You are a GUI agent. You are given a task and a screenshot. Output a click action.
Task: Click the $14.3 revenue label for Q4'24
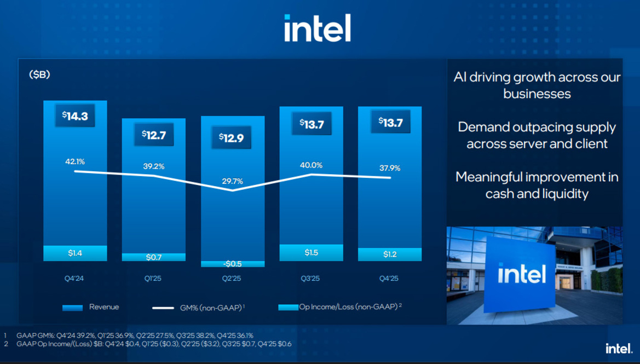pos(75,116)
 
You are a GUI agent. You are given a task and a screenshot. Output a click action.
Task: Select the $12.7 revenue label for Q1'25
pos(153,135)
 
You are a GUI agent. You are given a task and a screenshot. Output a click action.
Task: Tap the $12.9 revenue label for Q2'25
pos(231,138)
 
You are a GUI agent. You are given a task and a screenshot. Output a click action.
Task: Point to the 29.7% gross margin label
pos(232,181)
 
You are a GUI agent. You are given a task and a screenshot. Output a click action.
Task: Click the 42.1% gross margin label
pos(75,161)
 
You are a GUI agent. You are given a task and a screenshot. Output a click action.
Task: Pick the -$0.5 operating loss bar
pos(232,264)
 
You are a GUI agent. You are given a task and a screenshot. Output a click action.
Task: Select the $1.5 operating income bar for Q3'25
pos(311,252)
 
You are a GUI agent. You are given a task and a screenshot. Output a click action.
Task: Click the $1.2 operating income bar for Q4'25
pos(390,255)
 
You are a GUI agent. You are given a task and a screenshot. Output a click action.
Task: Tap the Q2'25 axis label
pos(232,279)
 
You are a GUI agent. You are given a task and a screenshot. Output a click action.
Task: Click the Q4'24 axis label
pos(75,279)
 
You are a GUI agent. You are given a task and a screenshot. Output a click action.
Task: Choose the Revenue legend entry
pos(91,307)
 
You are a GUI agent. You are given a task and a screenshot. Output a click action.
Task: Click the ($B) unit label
pos(39,75)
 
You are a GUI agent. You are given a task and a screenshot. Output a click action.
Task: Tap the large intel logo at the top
pos(318,28)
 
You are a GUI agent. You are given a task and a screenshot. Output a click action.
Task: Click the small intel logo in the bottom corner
pos(619,348)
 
